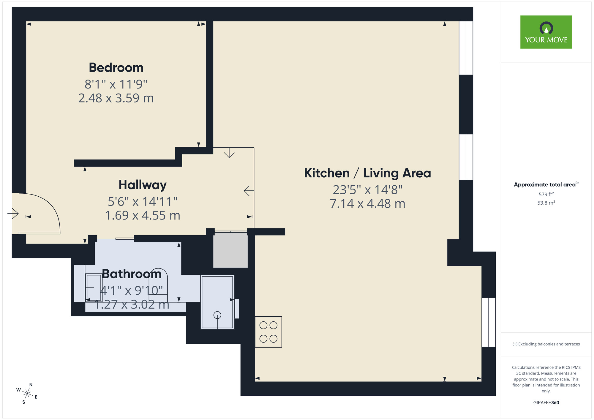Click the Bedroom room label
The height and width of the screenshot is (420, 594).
116,68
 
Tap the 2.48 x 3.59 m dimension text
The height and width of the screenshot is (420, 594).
116,98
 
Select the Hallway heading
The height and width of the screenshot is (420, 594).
143,185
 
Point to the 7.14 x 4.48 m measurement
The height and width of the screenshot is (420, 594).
367,204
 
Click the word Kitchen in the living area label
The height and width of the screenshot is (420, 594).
327,173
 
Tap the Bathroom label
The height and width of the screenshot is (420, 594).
132,274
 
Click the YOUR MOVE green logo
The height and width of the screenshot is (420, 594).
546,32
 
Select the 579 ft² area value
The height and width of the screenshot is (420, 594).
546,194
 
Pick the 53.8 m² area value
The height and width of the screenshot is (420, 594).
546,203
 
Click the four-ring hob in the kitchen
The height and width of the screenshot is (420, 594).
268,332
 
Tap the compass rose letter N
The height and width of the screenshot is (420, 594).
31,385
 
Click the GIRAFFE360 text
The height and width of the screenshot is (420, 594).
546,403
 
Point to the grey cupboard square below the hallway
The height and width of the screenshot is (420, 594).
230,250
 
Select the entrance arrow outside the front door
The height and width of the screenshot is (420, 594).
13,213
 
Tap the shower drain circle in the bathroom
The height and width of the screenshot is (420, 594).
217,315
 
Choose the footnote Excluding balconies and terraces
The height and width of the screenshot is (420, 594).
546,344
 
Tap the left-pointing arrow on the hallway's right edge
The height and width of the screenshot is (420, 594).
248,190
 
